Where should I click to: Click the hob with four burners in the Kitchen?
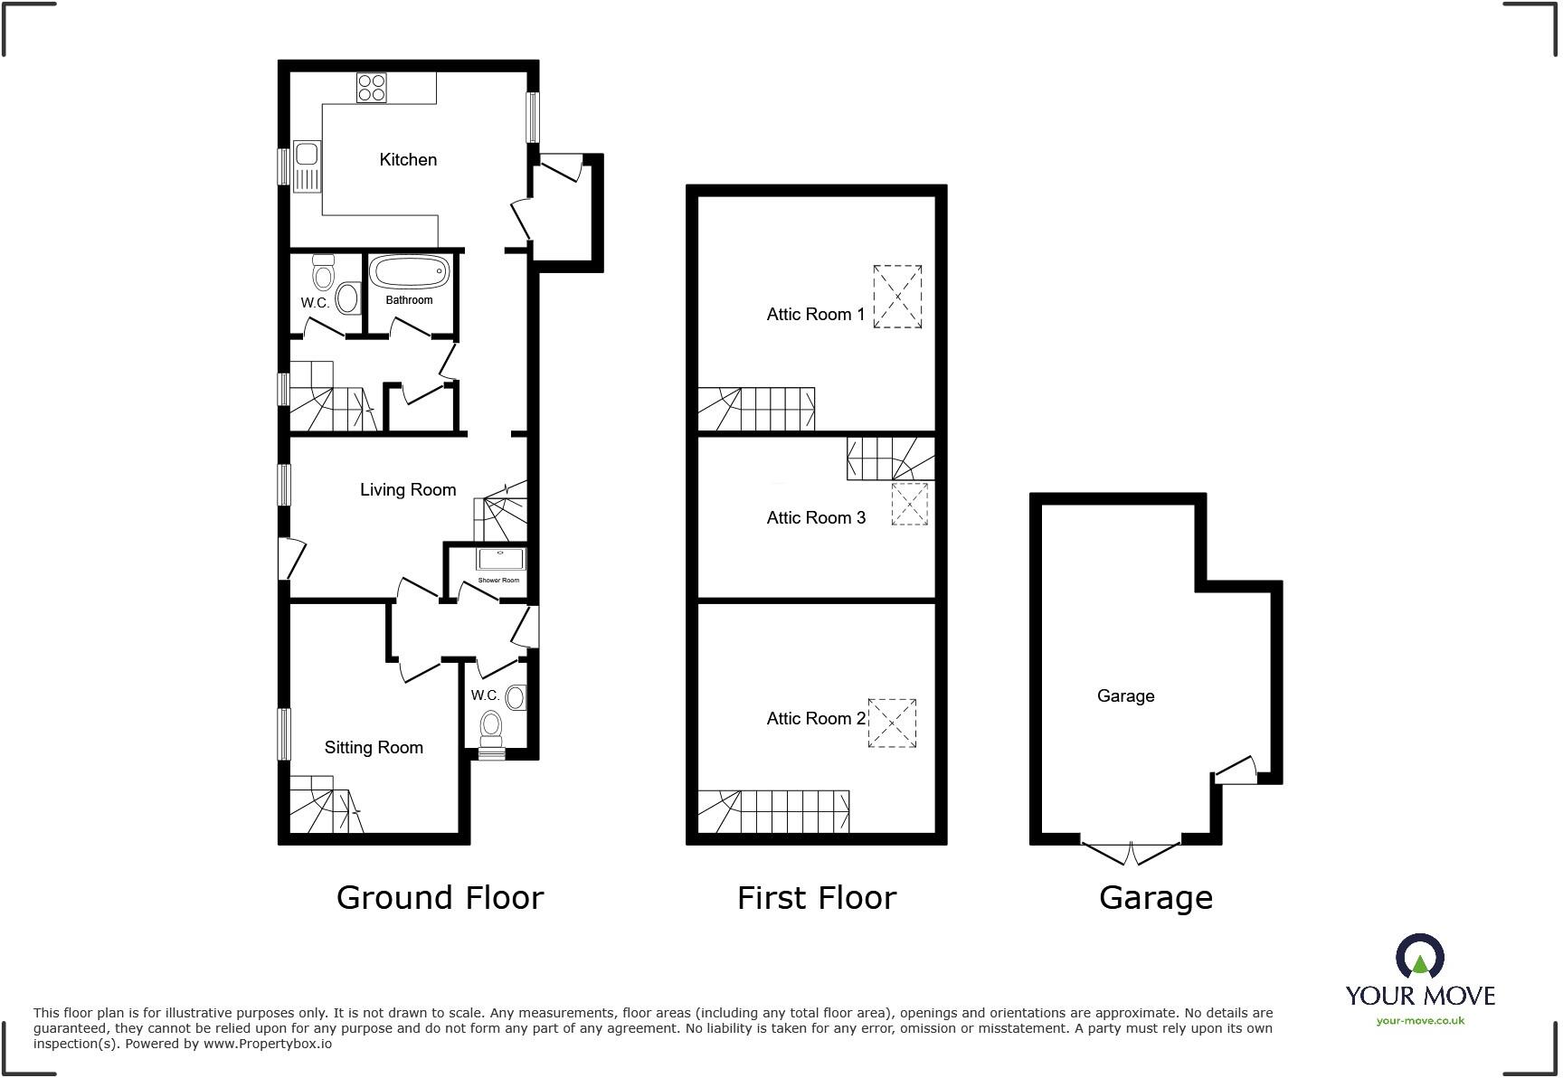(x=372, y=88)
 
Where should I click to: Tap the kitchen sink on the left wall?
(x=307, y=167)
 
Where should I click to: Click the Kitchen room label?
(x=408, y=160)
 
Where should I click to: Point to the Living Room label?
(x=408, y=490)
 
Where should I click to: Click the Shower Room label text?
(x=498, y=580)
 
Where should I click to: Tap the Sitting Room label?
(x=374, y=748)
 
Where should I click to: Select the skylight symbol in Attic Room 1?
(x=897, y=297)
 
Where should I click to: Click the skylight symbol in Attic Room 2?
(x=892, y=723)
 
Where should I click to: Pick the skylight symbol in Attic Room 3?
(x=909, y=504)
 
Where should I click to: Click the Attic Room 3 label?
(x=816, y=518)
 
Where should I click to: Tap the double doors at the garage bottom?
(x=1132, y=851)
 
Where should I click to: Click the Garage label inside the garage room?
(x=1125, y=696)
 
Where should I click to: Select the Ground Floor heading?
(x=440, y=898)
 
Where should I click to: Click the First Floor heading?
(x=816, y=898)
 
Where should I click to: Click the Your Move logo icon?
(x=1419, y=957)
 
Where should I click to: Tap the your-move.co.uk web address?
(x=1420, y=1021)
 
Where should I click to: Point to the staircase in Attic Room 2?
(x=773, y=811)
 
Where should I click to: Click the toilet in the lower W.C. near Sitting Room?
(x=491, y=724)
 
